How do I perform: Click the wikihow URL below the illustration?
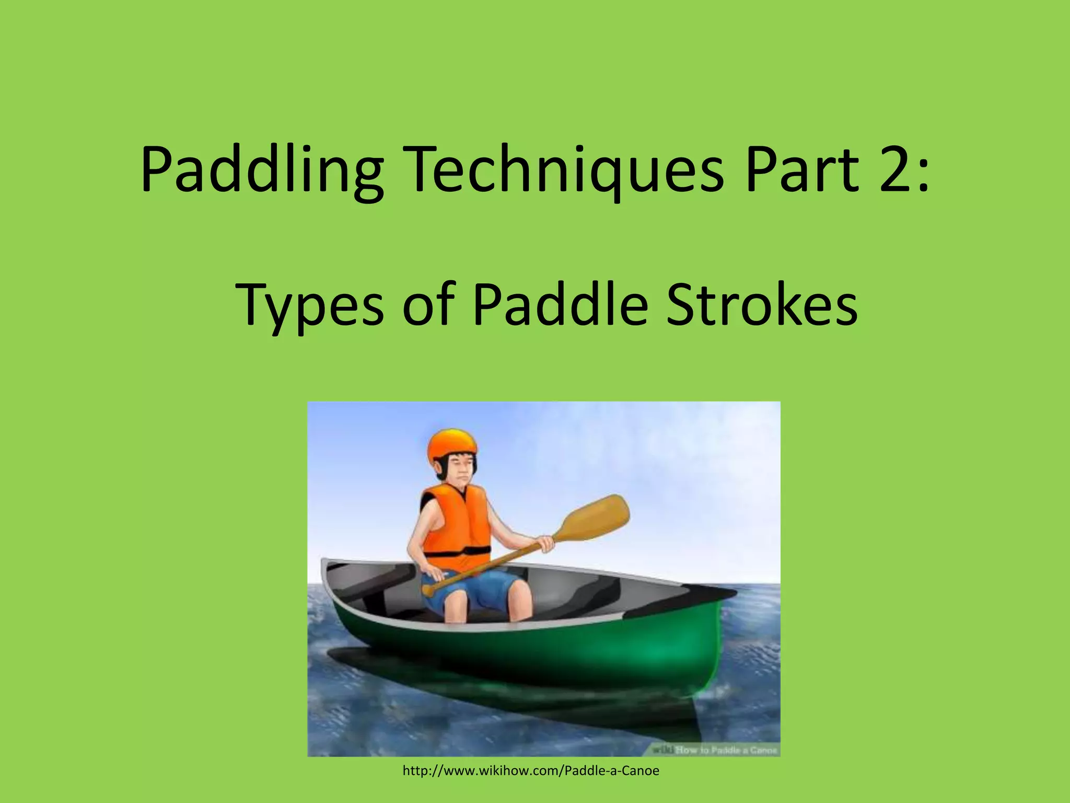(531, 771)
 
